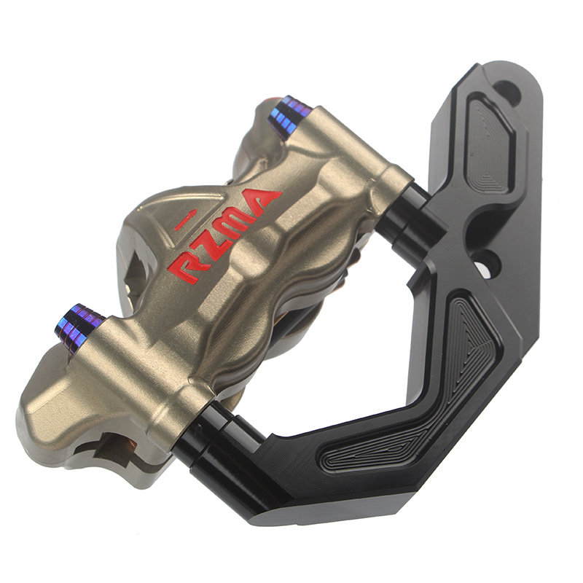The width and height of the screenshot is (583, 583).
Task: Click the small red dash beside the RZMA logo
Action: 185,219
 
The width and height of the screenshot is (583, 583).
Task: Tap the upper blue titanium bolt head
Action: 289,116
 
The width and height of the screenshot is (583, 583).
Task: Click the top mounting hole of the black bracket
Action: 508,92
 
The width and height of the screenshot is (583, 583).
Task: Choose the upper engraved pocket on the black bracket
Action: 490,143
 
